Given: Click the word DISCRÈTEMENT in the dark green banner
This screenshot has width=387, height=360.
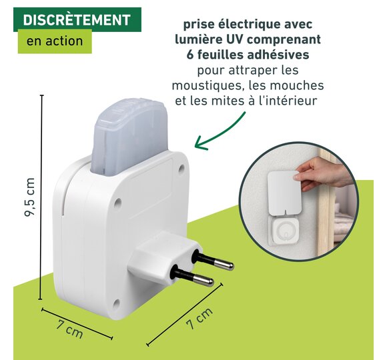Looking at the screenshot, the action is pyautogui.click(x=77, y=20).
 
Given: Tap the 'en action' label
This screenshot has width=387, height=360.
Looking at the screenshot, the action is pyautogui.click(x=55, y=41).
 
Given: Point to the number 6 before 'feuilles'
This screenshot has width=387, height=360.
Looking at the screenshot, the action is pyautogui.click(x=190, y=55).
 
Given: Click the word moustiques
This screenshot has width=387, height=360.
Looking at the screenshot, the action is pyautogui.click(x=207, y=86).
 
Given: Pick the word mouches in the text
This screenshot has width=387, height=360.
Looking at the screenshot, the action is pyautogui.click(x=295, y=85).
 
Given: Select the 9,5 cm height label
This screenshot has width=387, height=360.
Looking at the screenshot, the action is pyautogui.click(x=29, y=197).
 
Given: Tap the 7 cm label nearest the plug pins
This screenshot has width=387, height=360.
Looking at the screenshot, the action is pyautogui.click(x=200, y=318).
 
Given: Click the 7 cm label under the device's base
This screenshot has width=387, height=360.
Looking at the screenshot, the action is pyautogui.click(x=69, y=329).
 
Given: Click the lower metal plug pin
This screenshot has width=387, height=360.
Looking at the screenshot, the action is pyautogui.click(x=193, y=277).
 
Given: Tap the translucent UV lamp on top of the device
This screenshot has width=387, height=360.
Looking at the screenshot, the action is pyautogui.click(x=129, y=135).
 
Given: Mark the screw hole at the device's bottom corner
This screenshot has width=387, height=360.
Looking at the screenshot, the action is pyautogui.click(x=116, y=304).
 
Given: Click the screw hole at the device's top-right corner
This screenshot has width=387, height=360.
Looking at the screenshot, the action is pyautogui.click(x=181, y=169).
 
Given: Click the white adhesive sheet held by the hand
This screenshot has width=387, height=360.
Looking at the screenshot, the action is pyautogui.click(x=284, y=191).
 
